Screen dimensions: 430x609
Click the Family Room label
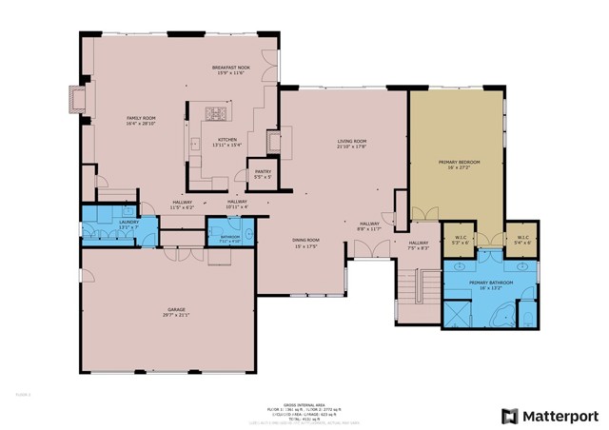[x=141, y=119]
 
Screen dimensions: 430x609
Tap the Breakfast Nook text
[x=230, y=68]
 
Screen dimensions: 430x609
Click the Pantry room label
[x=263, y=172]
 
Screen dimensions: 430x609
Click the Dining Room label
[x=305, y=240]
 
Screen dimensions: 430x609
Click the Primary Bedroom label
[x=459, y=163]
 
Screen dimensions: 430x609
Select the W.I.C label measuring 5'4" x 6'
[x=522, y=238]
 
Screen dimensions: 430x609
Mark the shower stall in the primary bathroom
[x=462, y=313]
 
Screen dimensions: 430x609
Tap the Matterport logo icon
[x=511, y=416]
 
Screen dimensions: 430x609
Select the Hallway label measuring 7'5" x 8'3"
[x=419, y=244]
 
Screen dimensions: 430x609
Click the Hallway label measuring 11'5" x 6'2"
[x=183, y=202]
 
